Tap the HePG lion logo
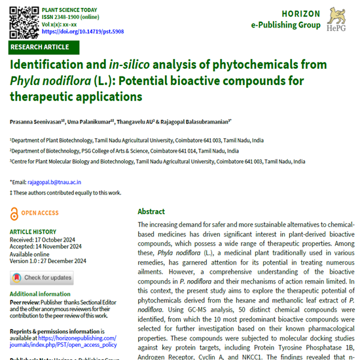pyautogui.click(x=337, y=18)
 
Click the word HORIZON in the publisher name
pyautogui.click(x=301, y=14)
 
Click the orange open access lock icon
pyautogui.click(x=14, y=213)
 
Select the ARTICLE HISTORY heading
pyautogui.click(x=33, y=232)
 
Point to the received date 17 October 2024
pyautogui.click(x=59, y=239)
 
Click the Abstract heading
pyautogui.click(x=151, y=211)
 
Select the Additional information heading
pyautogui.click(x=41, y=294)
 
